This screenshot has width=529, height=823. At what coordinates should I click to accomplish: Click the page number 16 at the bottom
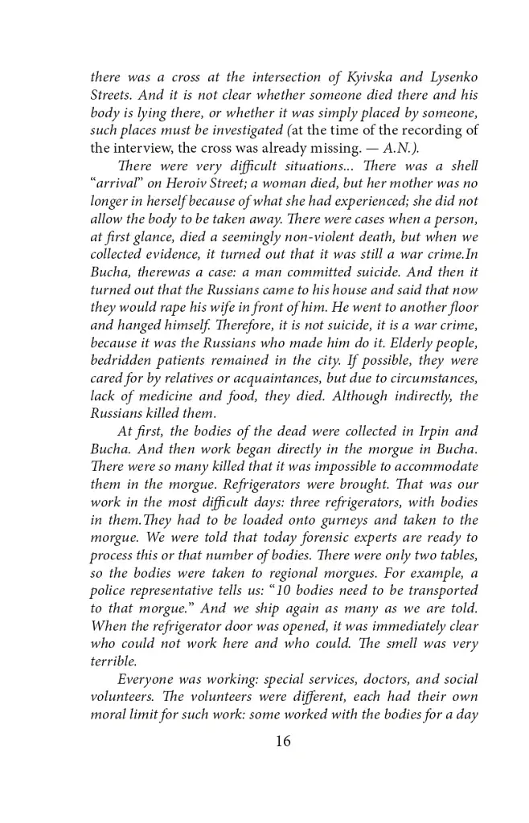pos(281,741)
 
